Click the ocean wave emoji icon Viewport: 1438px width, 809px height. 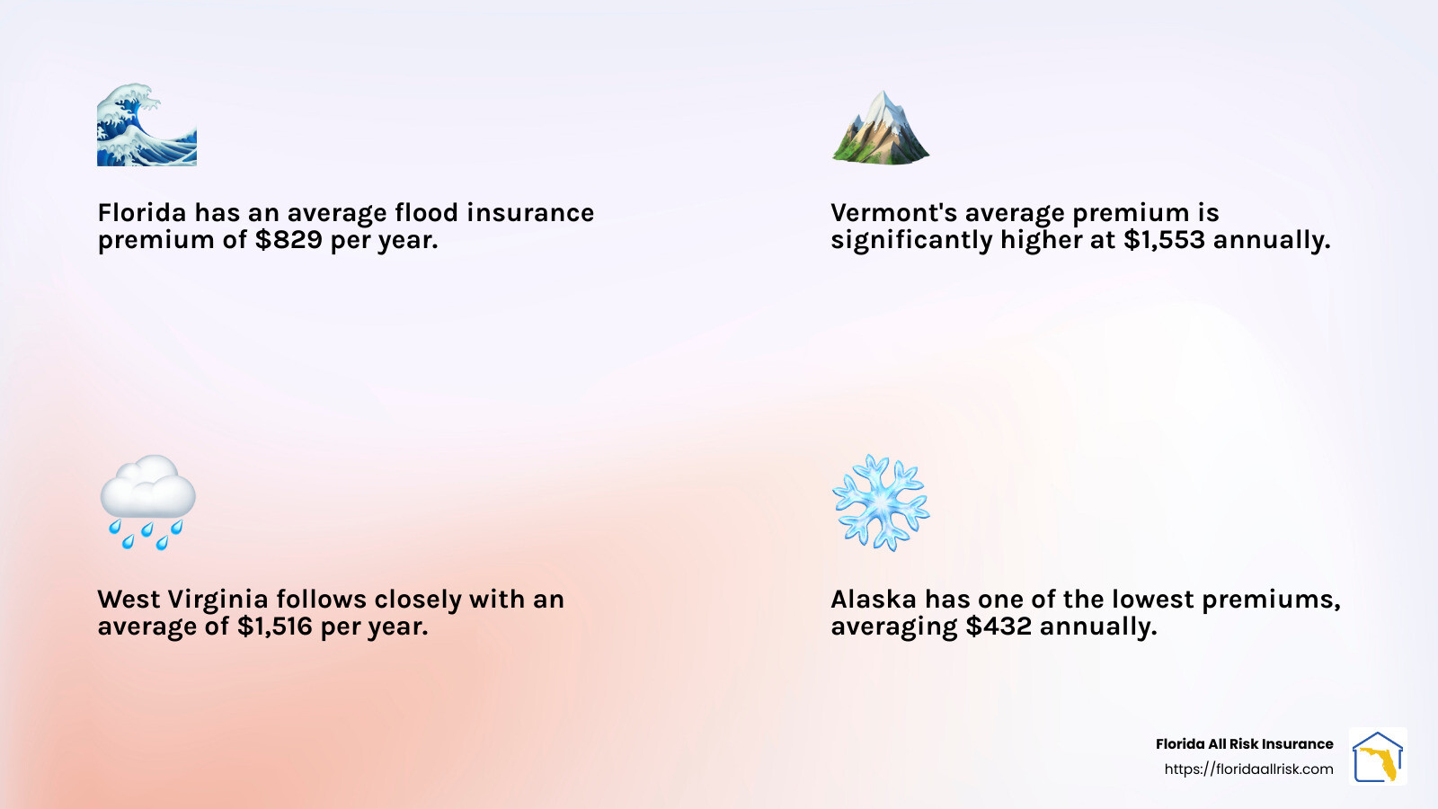coord(146,126)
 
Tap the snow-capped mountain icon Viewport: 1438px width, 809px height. coord(881,128)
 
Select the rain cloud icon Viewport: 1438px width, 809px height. coord(147,502)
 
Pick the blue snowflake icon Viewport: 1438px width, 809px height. coord(881,502)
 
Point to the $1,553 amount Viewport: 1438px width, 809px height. coord(1164,240)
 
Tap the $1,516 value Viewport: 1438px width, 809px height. coord(275,627)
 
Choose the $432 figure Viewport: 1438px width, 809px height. coord(999,627)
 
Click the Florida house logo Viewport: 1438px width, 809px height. coord(1378,756)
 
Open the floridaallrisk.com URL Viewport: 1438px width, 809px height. coord(1248,769)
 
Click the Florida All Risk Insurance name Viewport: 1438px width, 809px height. coord(1244,744)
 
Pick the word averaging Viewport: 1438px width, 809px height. coord(893,627)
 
